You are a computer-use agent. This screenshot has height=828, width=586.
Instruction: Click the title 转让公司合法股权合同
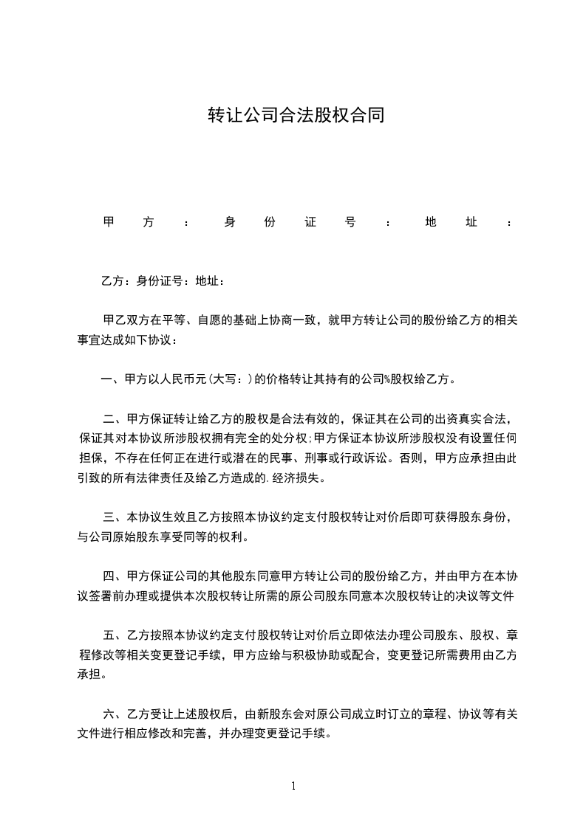point(296,115)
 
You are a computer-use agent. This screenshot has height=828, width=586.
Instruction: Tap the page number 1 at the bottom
point(293,786)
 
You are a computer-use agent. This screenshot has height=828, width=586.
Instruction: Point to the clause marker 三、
point(115,517)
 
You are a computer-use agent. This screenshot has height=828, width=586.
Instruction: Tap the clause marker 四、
point(115,575)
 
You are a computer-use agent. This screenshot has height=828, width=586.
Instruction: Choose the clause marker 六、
point(115,714)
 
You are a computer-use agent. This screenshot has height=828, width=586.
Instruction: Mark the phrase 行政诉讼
point(367,458)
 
